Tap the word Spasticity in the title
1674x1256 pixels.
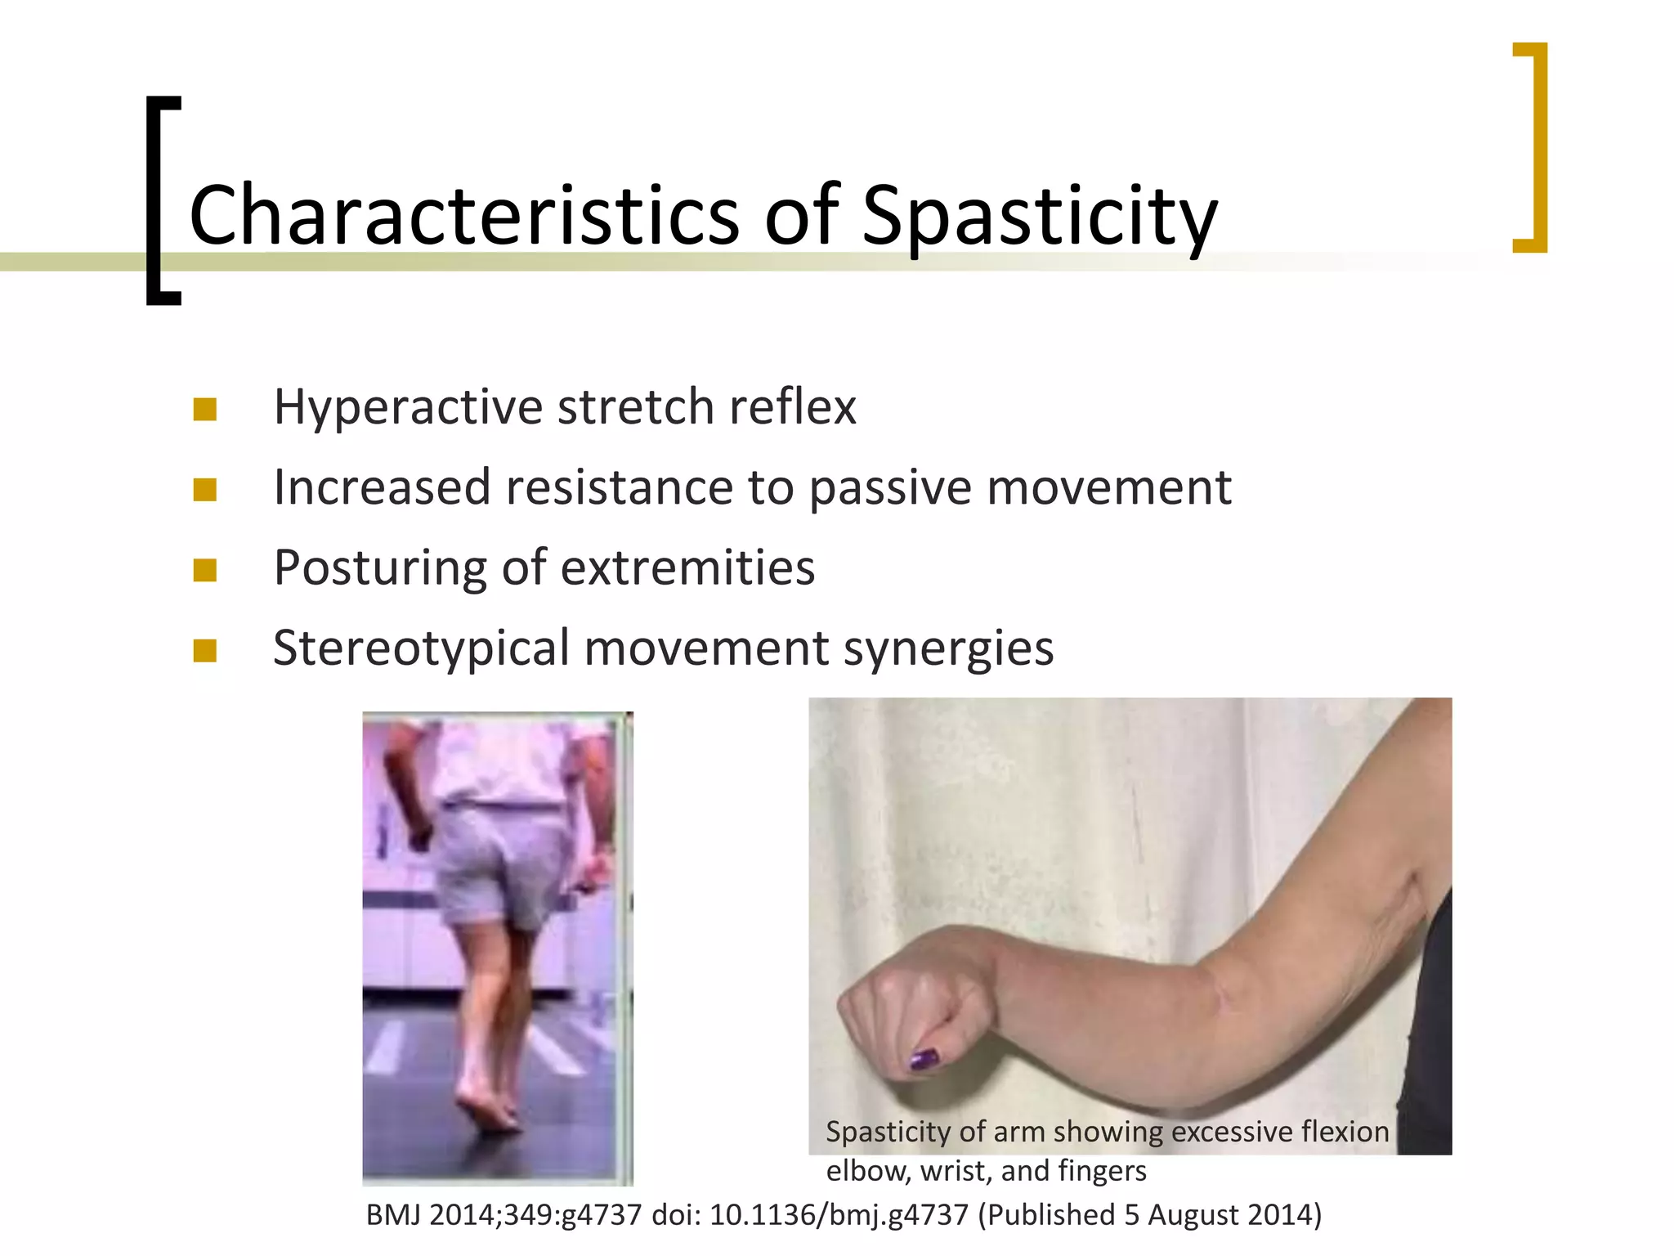[x=1039, y=216]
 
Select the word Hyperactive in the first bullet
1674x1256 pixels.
[x=408, y=406]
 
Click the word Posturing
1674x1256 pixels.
[x=380, y=568]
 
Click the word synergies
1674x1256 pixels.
[x=948, y=649]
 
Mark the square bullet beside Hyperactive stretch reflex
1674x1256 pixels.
[x=205, y=409]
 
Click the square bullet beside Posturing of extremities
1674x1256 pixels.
[x=205, y=569]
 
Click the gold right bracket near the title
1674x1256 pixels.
[x=1533, y=147]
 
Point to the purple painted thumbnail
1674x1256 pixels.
[x=924, y=1060]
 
